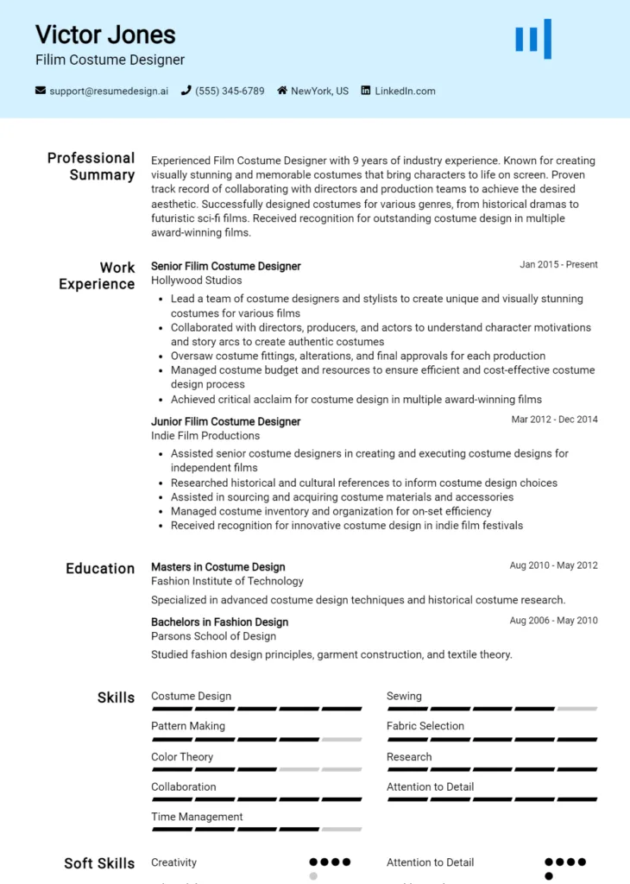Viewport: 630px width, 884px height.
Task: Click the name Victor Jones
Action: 105,35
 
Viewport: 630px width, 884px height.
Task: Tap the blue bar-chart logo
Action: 532,39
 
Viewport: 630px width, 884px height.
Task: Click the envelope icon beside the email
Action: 41,91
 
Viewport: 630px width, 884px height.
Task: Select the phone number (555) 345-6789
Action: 230,91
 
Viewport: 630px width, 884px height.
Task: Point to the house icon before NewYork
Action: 282,91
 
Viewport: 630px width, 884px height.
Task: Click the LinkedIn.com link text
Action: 405,91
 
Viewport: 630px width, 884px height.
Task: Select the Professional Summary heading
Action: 91,166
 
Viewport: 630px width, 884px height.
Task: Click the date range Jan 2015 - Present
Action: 558,265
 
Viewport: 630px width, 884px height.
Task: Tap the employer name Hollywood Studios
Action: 196,281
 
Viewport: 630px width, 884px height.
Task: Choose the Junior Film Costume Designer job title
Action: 225,421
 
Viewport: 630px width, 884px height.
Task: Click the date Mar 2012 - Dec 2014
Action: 554,420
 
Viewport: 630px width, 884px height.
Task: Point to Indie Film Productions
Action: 205,436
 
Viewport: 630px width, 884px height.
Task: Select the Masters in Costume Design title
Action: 217,567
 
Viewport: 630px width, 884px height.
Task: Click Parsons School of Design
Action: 213,636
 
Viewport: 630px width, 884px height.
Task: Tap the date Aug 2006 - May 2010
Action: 553,621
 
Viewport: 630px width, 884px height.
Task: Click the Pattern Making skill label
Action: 187,726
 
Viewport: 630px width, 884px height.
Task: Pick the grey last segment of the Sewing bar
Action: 576,709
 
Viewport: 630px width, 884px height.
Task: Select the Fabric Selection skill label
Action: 425,726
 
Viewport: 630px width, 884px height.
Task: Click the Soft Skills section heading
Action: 99,863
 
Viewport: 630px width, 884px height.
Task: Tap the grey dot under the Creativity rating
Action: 313,876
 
